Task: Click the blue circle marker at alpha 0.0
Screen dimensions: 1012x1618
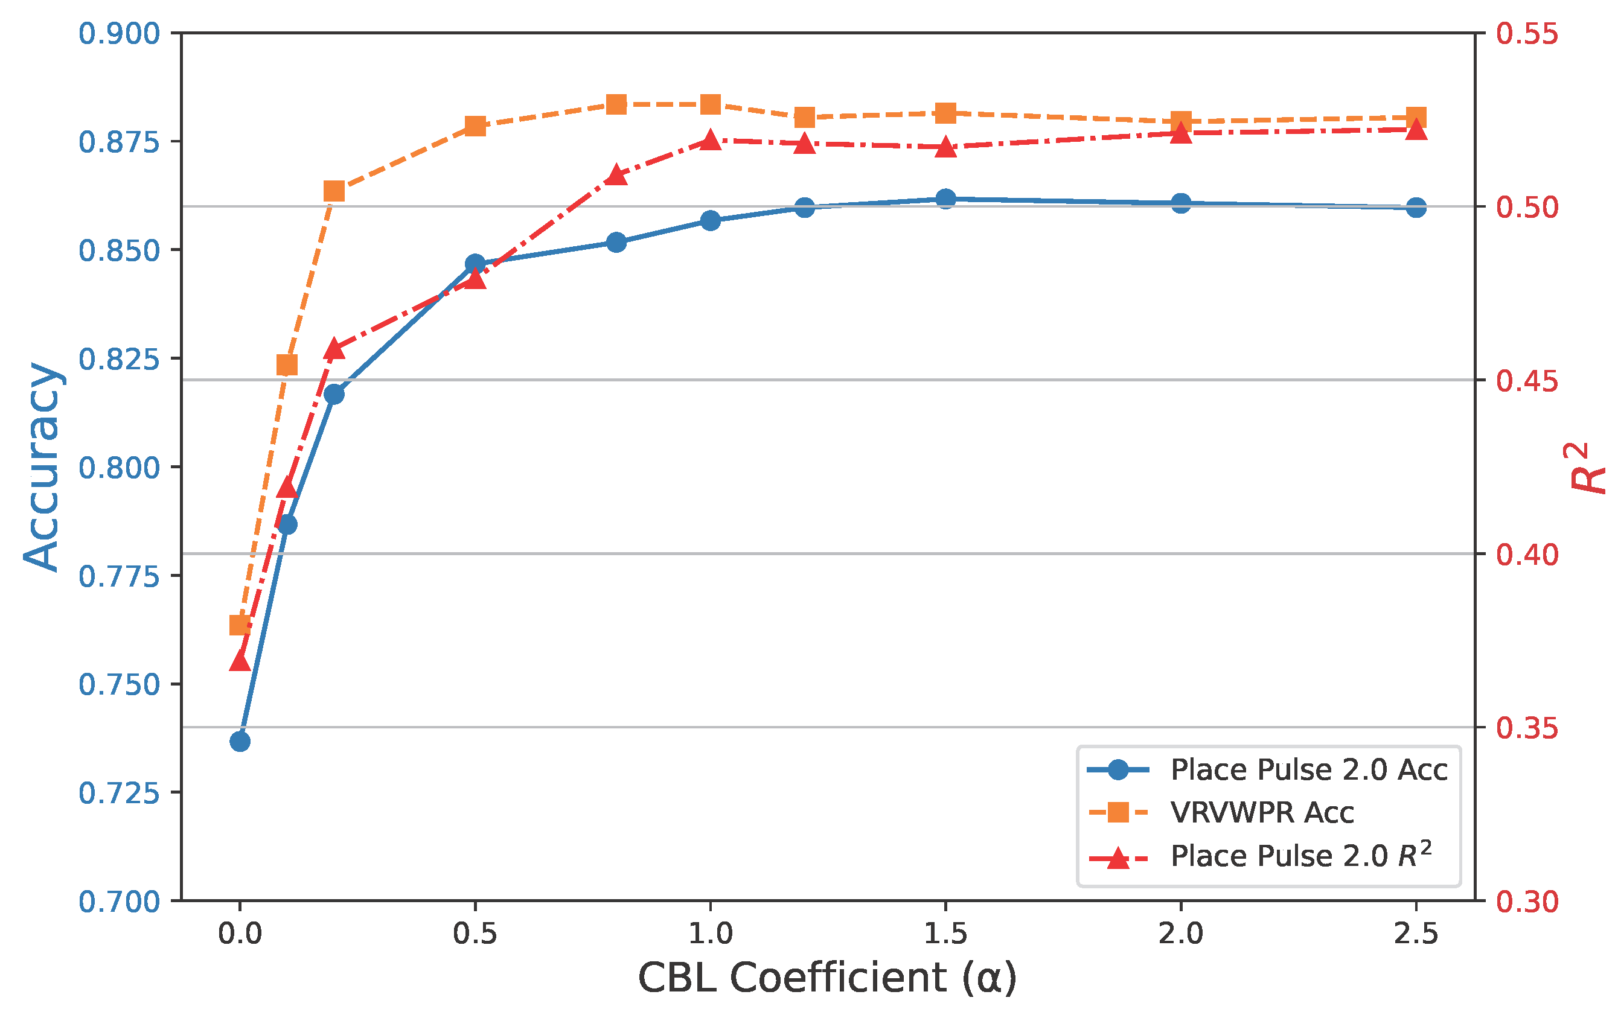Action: click(x=240, y=742)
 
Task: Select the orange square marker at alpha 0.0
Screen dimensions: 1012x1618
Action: click(x=240, y=625)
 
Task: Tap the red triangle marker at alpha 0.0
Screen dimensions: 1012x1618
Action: click(x=240, y=661)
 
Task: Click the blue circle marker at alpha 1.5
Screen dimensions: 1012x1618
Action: click(x=945, y=199)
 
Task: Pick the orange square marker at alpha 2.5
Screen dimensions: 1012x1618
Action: click(x=1416, y=118)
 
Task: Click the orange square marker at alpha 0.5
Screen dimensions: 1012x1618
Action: click(x=475, y=126)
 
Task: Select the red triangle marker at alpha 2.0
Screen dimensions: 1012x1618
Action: click(x=1181, y=133)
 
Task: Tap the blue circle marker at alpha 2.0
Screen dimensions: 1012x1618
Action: click(x=1181, y=203)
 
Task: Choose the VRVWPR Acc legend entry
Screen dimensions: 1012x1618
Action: click(x=1262, y=812)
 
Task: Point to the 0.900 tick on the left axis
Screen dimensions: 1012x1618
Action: click(x=119, y=33)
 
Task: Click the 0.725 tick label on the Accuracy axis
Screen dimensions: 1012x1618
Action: click(x=119, y=793)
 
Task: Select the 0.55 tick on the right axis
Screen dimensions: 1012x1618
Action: click(x=1527, y=33)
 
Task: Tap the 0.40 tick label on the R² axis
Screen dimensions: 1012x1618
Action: click(x=1527, y=554)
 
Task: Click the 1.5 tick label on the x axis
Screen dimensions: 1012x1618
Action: click(x=945, y=934)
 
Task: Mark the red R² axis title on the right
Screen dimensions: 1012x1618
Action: click(x=1587, y=468)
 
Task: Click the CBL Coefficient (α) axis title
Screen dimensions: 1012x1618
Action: click(x=827, y=978)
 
